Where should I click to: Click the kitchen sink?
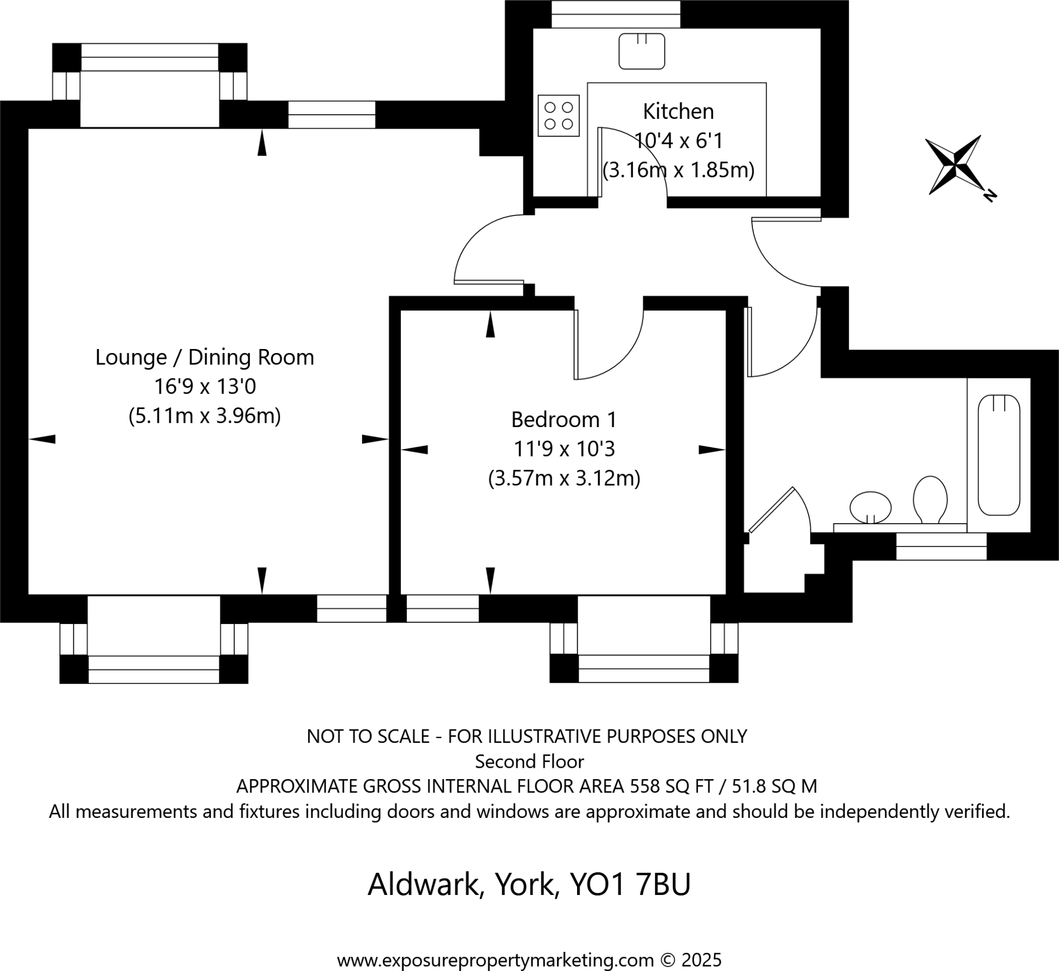click(x=641, y=51)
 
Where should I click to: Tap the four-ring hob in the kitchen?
click(x=558, y=116)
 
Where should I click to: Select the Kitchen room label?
click(x=678, y=112)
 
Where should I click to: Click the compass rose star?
click(x=953, y=164)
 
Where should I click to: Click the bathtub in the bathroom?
click(x=999, y=455)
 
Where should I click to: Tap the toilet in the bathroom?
click(x=930, y=499)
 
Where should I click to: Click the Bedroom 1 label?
click(x=564, y=420)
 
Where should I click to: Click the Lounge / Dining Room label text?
click(x=204, y=357)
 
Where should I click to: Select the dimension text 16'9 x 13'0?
click(x=204, y=387)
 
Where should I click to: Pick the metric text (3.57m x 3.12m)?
click(x=564, y=479)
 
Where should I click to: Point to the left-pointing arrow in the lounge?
click(x=42, y=439)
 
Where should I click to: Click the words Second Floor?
click(x=529, y=762)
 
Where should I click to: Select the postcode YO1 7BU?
click(x=630, y=885)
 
